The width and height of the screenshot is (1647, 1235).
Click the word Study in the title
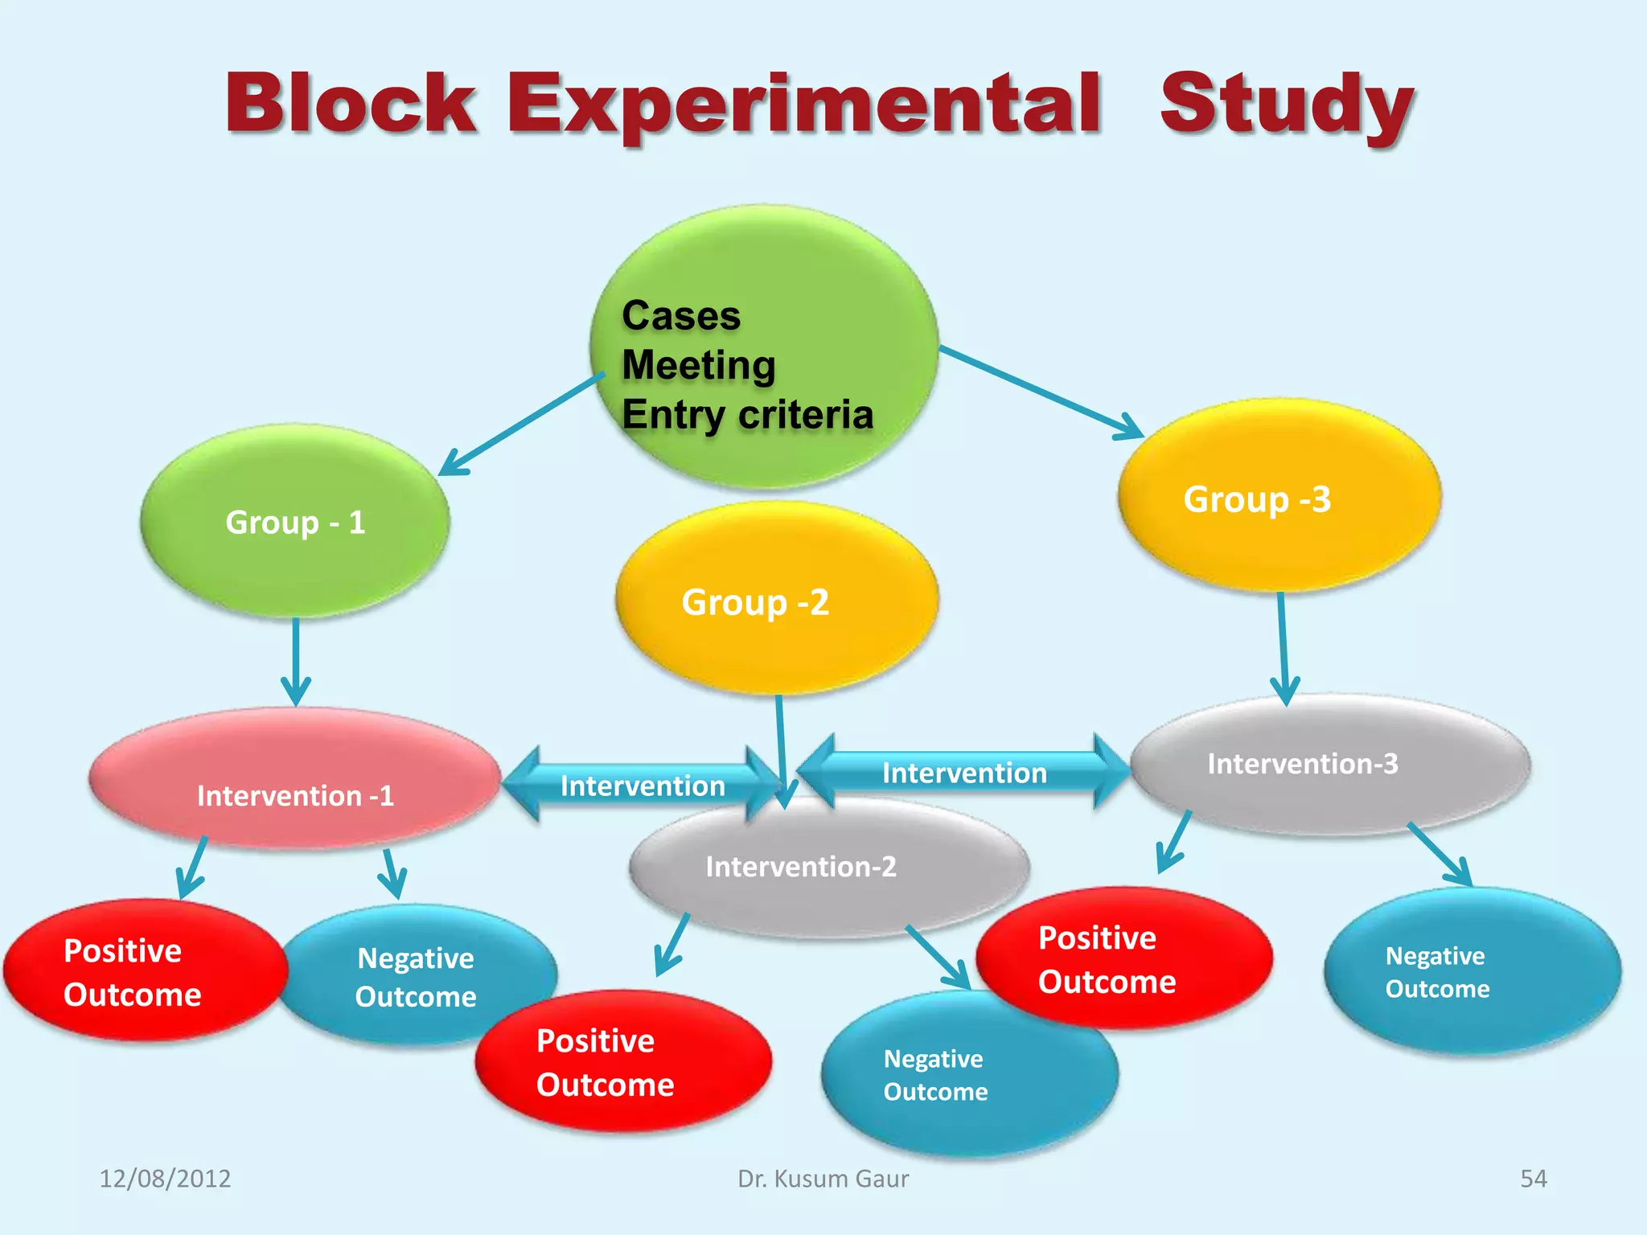click(x=1287, y=105)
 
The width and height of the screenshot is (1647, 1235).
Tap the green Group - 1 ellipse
click(x=295, y=523)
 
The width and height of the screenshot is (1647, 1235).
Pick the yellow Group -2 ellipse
click(x=776, y=599)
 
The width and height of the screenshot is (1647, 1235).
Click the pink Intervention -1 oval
click(x=295, y=780)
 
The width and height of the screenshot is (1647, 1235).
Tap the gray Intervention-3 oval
click(x=1331, y=764)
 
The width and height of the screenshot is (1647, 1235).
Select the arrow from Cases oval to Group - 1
click(x=523, y=424)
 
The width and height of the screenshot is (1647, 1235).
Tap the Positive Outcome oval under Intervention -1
click(x=145, y=971)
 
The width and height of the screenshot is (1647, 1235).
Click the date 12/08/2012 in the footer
click(x=165, y=1179)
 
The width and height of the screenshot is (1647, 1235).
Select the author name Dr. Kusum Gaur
click(x=823, y=1179)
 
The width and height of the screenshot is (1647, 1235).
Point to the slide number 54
click(x=1533, y=1179)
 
